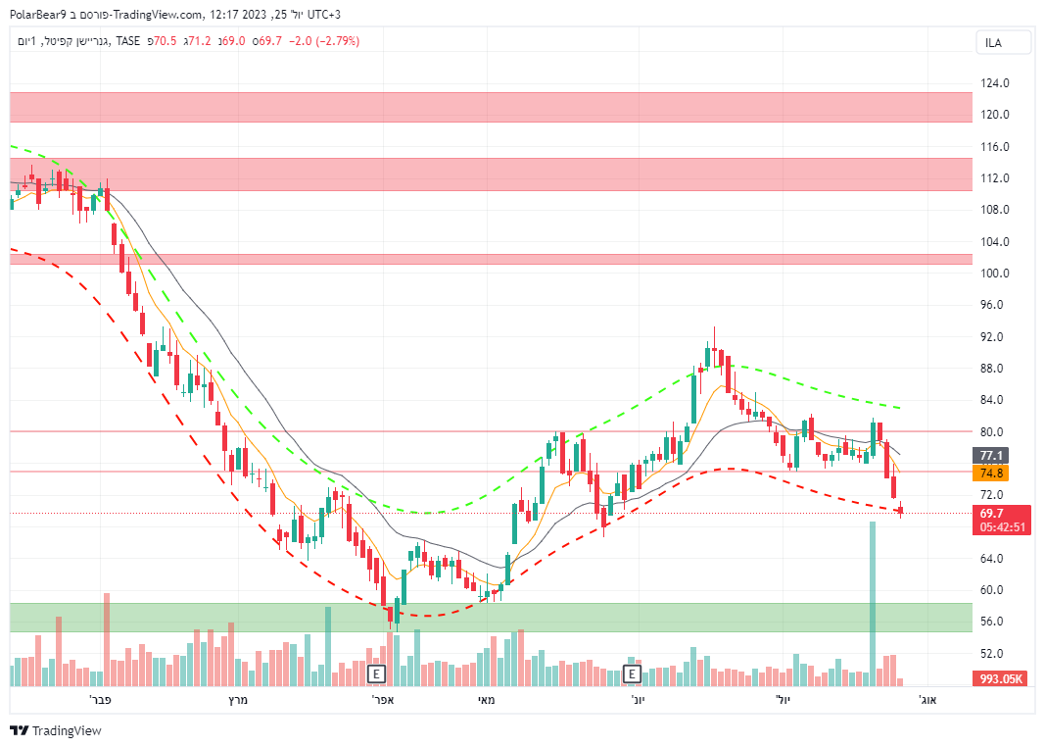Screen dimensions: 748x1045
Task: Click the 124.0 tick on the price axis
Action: (996, 83)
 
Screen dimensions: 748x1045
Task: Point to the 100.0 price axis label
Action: (996, 274)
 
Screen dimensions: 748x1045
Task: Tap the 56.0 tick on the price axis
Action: (995, 622)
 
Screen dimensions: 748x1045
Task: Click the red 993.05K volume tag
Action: (999, 678)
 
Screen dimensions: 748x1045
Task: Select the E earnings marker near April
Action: (376, 673)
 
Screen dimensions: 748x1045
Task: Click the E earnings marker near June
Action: (632, 673)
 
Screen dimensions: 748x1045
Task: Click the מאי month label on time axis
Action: (486, 700)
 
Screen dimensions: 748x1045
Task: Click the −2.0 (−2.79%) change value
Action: (324, 41)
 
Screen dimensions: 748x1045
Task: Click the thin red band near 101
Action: (490, 259)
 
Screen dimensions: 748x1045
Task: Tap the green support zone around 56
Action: (490, 618)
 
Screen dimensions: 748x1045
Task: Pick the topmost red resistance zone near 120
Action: (490, 107)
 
